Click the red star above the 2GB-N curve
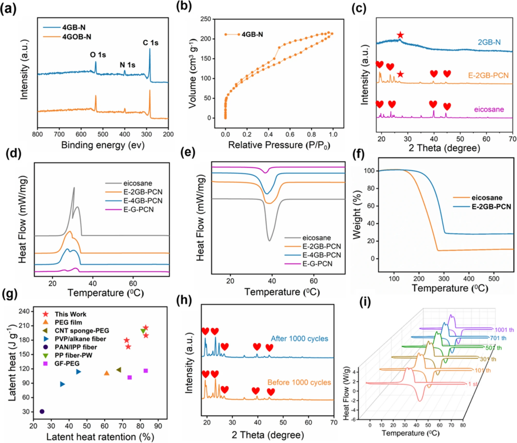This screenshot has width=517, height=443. click(400, 35)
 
